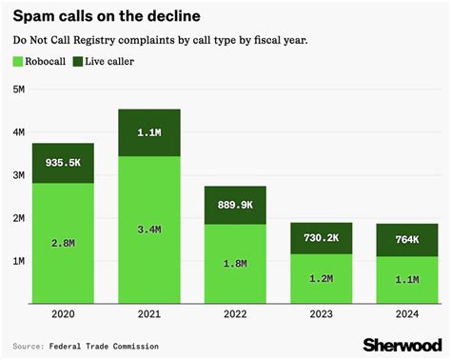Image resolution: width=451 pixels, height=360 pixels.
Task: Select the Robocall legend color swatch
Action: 18,61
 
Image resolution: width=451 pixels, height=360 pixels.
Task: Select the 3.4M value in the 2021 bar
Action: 149,228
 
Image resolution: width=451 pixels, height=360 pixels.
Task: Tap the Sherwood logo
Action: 399,344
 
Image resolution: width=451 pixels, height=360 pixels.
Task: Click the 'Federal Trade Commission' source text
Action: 106,346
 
